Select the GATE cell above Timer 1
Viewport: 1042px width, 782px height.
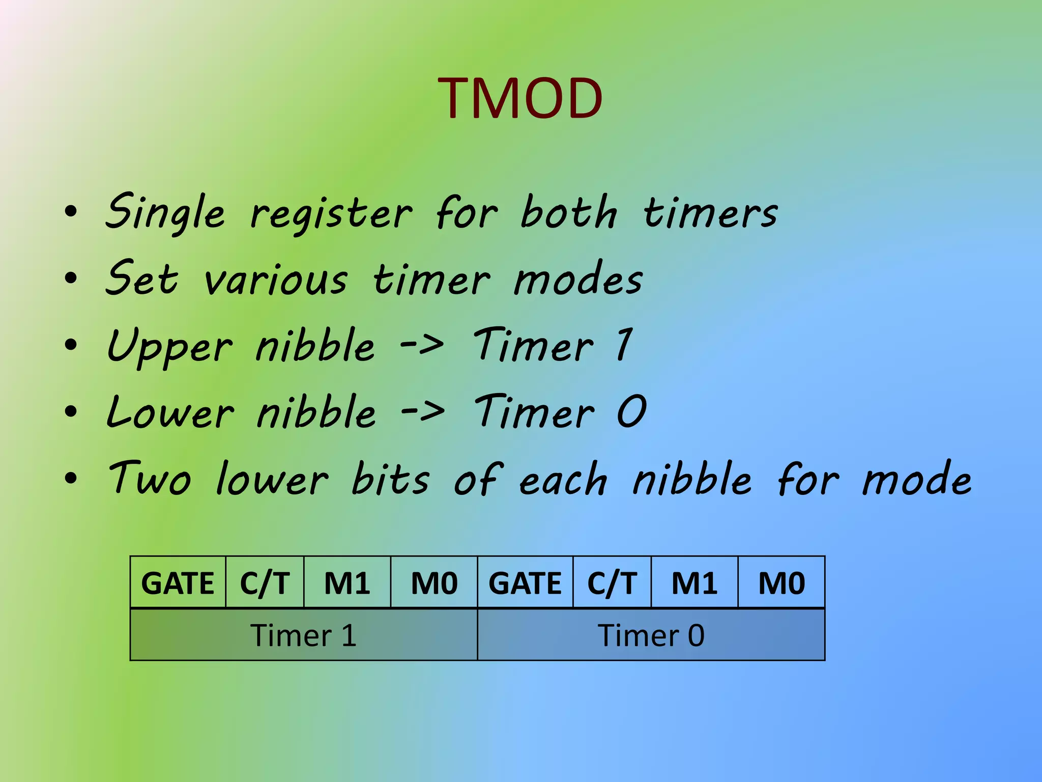tap(178, 582)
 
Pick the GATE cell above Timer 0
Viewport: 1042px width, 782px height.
tap(525, 582)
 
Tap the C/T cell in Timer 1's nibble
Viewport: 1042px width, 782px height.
tap(265, 582)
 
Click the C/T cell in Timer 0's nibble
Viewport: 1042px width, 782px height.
tap(612, 582)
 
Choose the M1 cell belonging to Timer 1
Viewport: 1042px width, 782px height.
tap(347, 582)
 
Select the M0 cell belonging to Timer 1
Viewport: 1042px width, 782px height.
tap(434, 582)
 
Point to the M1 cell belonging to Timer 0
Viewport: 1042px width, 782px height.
tap(694, 582)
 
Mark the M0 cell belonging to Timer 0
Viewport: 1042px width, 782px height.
tap(781, 582)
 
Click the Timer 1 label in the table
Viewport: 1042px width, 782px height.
tap(303, 635)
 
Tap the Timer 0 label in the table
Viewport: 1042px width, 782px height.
tap(651, 635)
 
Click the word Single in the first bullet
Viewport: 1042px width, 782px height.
tap(165, 213)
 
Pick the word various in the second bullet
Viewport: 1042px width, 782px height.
tap(276, 281)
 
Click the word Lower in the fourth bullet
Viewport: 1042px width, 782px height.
tap(170, 412)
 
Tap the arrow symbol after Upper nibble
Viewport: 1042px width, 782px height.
tap(422, 345)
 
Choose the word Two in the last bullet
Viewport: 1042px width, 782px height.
tap(150, 479)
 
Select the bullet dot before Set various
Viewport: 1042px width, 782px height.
tap(71, 278)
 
